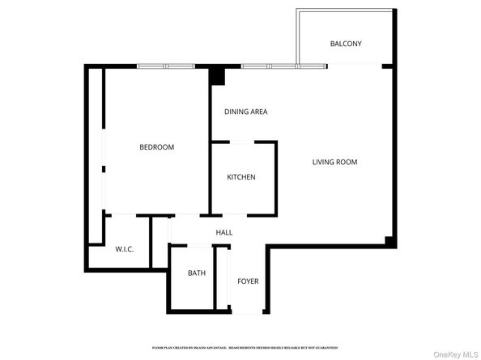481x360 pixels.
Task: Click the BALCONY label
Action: [x=346, y=44]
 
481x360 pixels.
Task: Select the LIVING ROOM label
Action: [x=334, y=162]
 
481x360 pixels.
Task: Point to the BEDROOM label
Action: [x=156, y=147]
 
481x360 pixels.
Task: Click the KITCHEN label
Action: [x=241, y=177]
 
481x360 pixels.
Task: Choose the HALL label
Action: [x=224, y=233]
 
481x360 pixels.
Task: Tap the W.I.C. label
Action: [x=124, y=248]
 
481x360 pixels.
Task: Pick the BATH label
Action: [x=197, y=273]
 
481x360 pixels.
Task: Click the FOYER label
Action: [x=248, y=282]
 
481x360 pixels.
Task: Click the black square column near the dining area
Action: [x=216, y=76]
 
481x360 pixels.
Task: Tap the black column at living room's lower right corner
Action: [x=389, y=241]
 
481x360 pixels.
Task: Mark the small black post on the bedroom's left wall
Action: [x=103, y=170]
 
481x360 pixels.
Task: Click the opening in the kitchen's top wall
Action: [x=244, y=142]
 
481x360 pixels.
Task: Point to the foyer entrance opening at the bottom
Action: [x=247, y=313]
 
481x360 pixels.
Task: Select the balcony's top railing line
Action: [x=347, y=11]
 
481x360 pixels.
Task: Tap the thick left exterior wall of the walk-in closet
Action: [x=87, y=243]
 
